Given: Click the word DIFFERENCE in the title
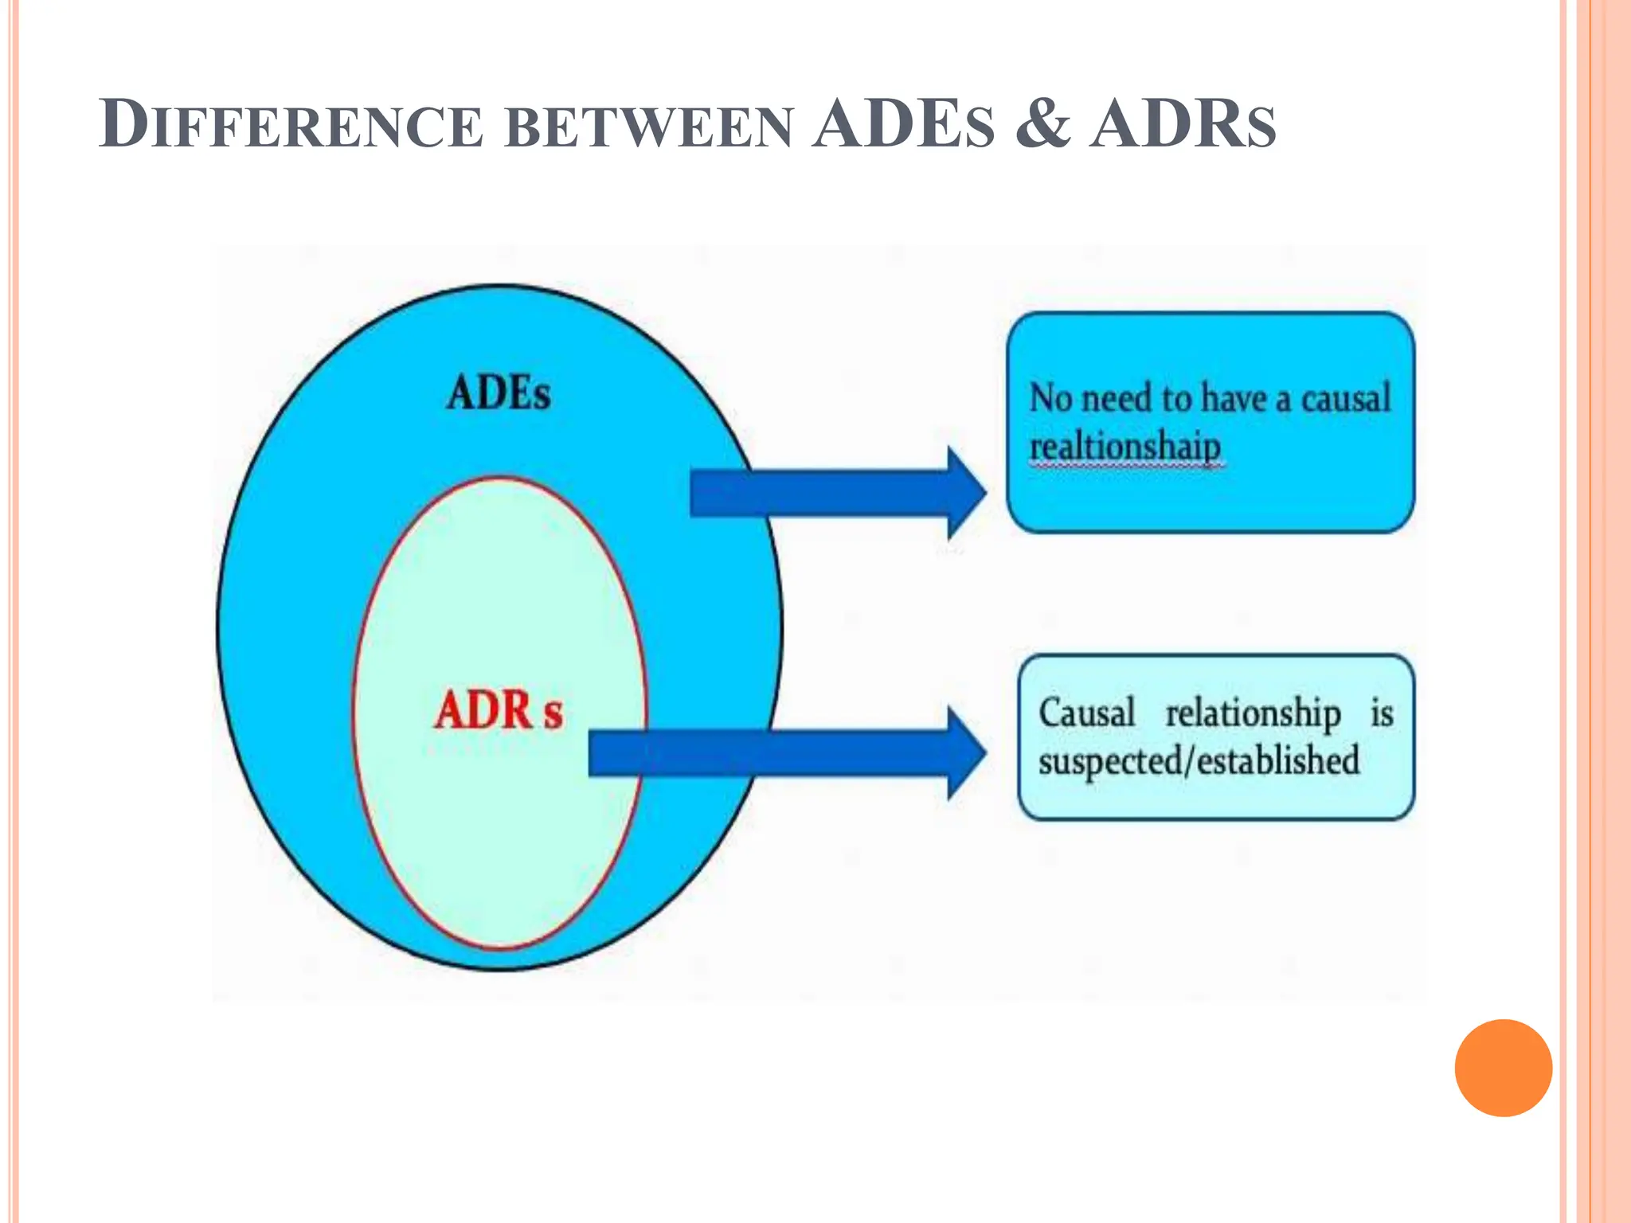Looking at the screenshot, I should click(x=291, y=125).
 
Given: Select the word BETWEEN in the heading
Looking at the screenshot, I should click(x=649, y=127).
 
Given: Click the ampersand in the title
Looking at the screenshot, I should click(x=1043, y=125).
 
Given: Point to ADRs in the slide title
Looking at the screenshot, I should click(x=1183, y=125).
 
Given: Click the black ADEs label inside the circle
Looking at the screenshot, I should click(x=499, y=393).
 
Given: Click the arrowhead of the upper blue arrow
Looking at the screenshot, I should click(x=966, y=493).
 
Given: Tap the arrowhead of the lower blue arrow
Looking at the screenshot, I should click(x=966, y=752).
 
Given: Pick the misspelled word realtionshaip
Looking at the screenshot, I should click(x=1124, y=446).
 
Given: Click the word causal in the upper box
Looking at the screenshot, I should click(x=1345, y=397).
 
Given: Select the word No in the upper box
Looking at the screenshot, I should click(x=1050, y=397).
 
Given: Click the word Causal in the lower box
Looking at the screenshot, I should click(x=1086, y=712).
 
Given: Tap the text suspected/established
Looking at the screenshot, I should click(x=1199, y=760).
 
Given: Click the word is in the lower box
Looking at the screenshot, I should click(x=1382, y=712).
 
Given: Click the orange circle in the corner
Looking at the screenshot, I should click(x=1503, y=1068).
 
